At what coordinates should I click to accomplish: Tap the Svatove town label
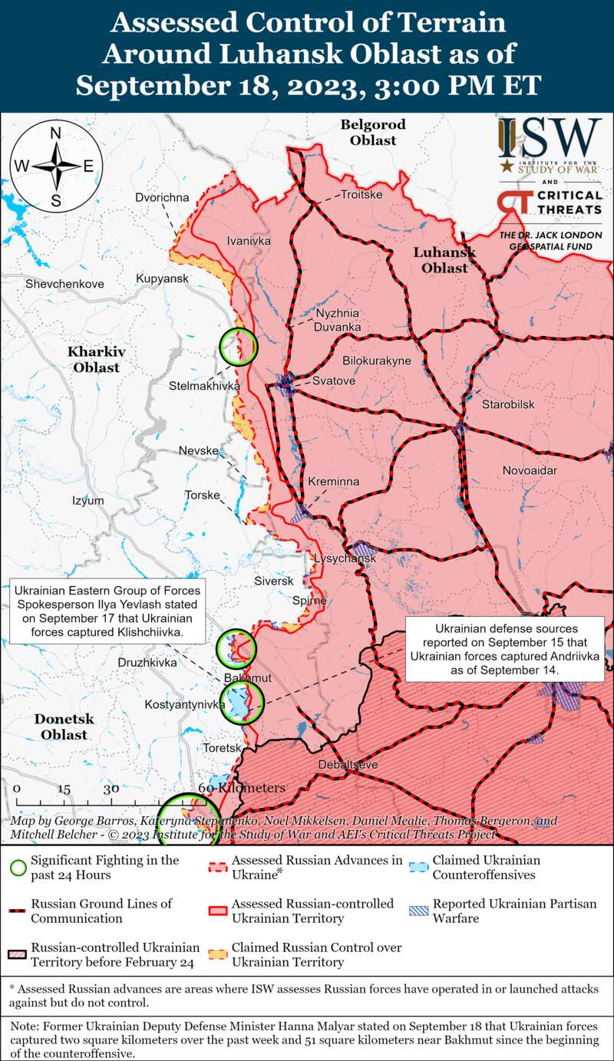334,381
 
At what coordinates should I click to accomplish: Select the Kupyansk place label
162,278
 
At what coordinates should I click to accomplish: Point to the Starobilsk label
507,404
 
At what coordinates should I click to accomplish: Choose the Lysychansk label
345,559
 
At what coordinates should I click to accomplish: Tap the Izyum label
87,500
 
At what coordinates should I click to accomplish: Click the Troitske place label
361,195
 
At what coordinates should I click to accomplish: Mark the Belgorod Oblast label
373,132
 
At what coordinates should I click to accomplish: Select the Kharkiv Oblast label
96,359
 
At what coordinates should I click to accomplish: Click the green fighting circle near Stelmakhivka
239,346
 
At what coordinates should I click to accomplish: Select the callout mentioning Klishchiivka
107,611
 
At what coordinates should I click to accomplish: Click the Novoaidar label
530,470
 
